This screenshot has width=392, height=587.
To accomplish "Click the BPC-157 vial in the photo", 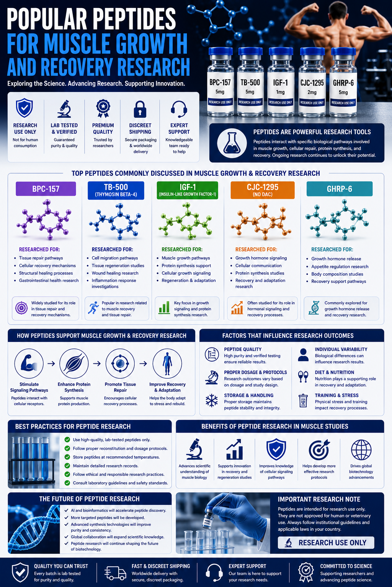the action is coord(220,82).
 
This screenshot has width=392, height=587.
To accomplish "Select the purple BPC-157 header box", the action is coord(46,189).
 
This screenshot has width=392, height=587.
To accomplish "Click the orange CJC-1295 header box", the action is coord(263,190).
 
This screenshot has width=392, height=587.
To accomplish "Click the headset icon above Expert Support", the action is coord(179,109).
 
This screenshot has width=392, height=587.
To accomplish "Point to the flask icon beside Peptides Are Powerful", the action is coord(232,143).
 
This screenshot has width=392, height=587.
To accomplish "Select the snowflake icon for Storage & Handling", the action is coord(212,401).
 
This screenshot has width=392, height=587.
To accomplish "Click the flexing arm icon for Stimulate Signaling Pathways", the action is coord(29,363).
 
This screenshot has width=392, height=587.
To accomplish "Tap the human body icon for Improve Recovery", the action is coord(167,363).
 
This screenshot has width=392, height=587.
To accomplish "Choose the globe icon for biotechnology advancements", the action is coord(361,450).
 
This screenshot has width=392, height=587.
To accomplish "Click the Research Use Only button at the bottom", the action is coord(326,542).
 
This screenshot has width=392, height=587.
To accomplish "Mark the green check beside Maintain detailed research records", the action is coord(67,466).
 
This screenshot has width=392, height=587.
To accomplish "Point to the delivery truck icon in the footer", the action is coord(115,573).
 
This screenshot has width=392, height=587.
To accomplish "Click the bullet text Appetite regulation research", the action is coord(340,266).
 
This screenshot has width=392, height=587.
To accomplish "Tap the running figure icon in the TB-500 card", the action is coord(93,308).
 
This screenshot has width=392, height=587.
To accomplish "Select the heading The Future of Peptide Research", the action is coord(89,499).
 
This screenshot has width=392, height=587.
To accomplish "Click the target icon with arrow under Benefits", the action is coord(319,450).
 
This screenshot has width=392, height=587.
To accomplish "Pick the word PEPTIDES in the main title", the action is coord(134,19).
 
